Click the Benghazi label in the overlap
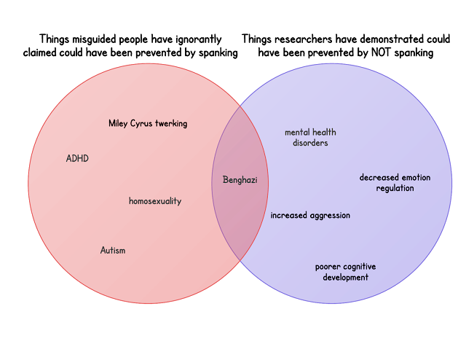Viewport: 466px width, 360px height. pos(240,180)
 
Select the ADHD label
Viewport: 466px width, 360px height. pos(77,158)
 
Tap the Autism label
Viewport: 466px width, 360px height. pos(113,250)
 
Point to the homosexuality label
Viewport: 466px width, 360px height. pos(155,201)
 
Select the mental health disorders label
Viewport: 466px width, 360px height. pos(310,138)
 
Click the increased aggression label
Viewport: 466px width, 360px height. pos(310,216)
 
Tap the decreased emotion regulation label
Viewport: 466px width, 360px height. pos(395,183)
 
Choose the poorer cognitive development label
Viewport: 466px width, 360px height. pos(345,272)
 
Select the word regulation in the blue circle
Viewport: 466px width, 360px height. pos(395,188)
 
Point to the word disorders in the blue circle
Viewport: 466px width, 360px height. pos(310,143)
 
